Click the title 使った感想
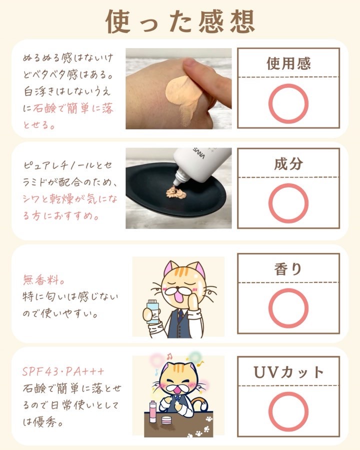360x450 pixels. [x=180, y=21]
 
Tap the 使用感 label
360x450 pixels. [x=288, y=63]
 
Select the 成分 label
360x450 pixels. [x=288, y=164]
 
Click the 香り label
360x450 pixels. [x=288, y=269]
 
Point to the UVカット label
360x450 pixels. [x=288, y=372]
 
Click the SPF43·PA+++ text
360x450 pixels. [x=63, y=371]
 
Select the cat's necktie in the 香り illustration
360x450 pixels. [x=180, y=315]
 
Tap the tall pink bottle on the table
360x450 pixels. [x=153, y=412]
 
